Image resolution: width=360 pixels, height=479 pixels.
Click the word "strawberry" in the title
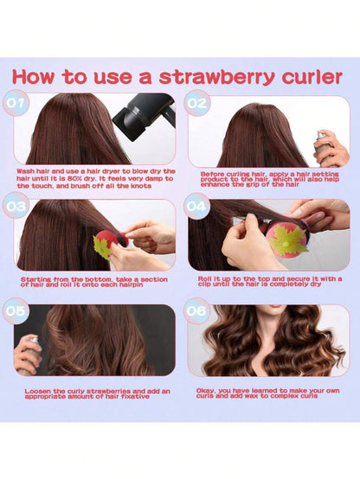pyautogui.click(x=216, y=78)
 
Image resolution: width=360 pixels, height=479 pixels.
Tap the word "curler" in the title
pyautogui.click(x=312, y=77)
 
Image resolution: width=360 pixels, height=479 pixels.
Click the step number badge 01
pyautogui.click(x=16, y=103)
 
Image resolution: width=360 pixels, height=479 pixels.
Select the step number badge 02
pyautogui.click(x=197, y=103)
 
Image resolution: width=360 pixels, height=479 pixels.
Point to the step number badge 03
pyautogui.click(x=16, y=206)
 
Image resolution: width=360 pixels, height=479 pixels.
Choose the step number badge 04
pyautogui.click(x=196, y=207)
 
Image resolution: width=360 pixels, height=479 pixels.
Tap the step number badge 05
pyautogui.click(x=16, y=311)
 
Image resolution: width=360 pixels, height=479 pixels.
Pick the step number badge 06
pyautogui.click(x=196, y=311)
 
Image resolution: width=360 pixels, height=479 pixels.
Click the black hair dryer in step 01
pyautogui.click(x=145, y=116)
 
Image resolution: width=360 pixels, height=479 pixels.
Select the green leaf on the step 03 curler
pyautogui.click(x=101, y=246)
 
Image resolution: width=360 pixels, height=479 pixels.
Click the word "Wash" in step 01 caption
pyautogui.click(x=25, y=171)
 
